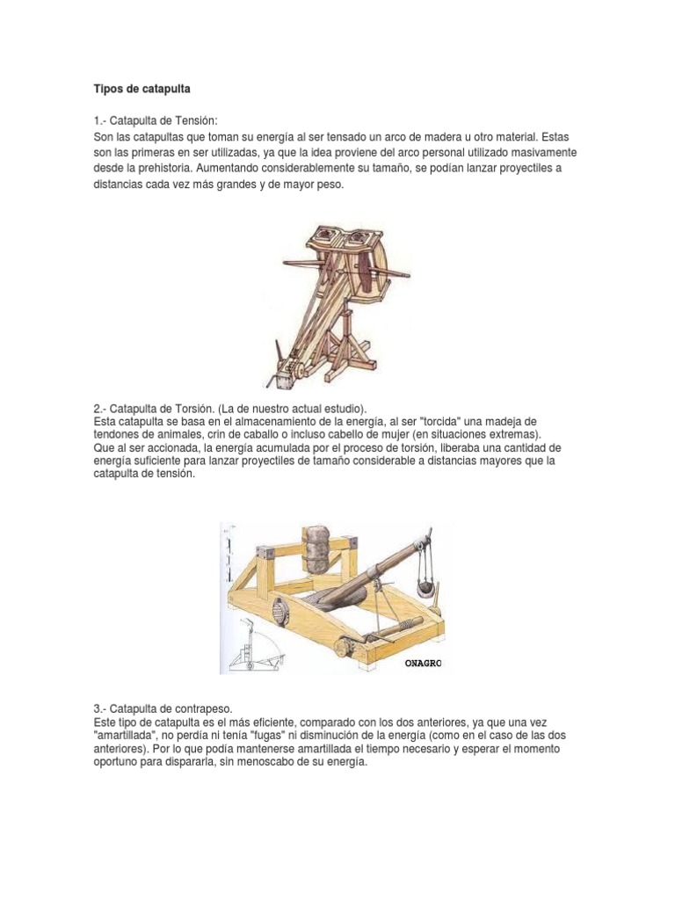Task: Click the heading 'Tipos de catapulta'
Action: click(142, 89)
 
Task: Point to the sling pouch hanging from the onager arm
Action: click(425, 588)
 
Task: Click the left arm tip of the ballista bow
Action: click(283, 261)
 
